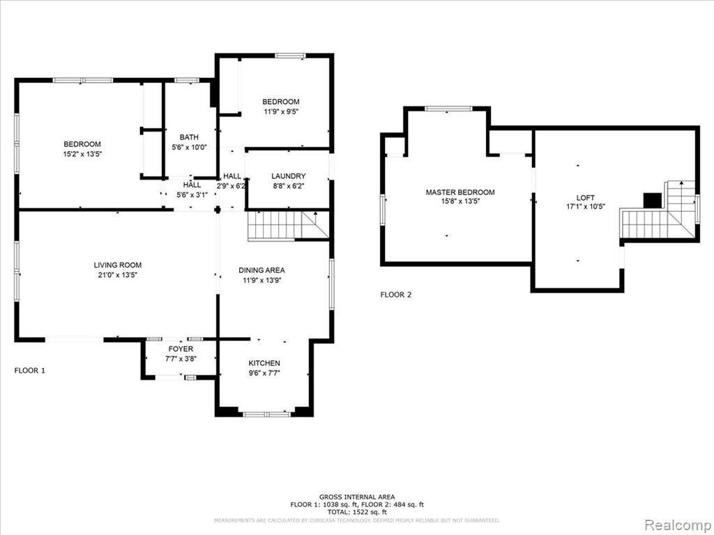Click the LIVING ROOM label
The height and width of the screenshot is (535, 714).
[x=118, y=265]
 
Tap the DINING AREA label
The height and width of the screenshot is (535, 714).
[x=261, y=270]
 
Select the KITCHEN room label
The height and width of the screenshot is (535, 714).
[x=264, y=363]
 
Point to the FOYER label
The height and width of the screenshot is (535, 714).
[x=181, y=348]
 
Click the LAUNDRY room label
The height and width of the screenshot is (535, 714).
[x=288, y=176]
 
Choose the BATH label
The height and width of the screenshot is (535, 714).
[x=189, y=137]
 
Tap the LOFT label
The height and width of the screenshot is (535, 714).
[x=586, y=198]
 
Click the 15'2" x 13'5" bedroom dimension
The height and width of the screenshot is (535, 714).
[x=82, y=154]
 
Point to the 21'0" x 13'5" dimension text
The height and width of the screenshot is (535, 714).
[x=118, y=274]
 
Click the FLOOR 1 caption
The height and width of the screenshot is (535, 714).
[x=29, y=371]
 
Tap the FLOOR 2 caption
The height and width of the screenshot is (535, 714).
[x=396, y=295]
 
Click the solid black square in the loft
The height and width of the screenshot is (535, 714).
[x=652, y=200]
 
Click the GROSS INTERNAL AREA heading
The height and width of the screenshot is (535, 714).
[x=356, y=497]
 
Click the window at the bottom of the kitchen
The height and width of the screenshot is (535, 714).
[x=266, y=414]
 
